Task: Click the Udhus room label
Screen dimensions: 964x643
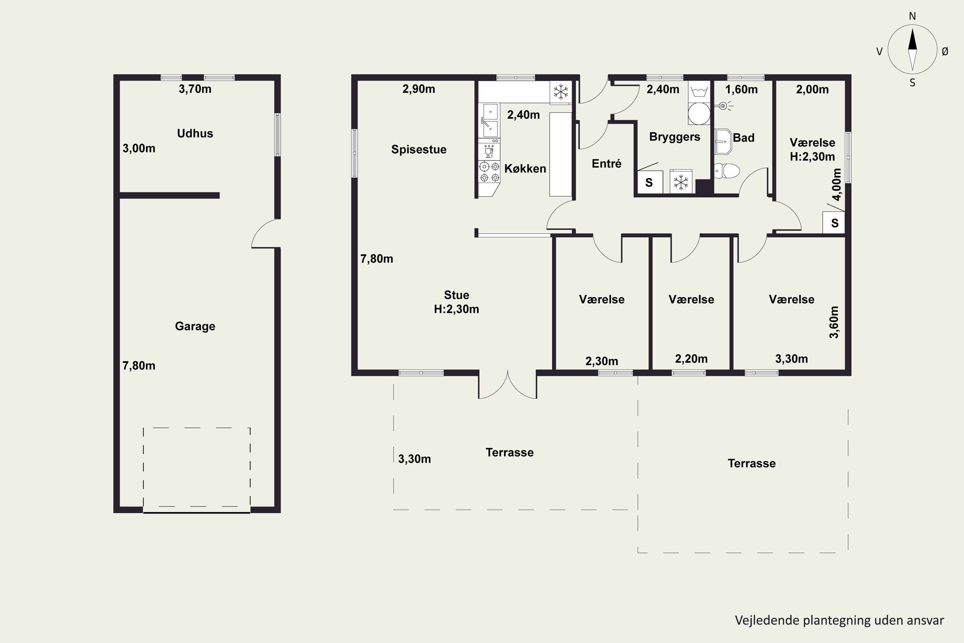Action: point(195,133)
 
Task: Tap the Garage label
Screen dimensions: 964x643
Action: point(195,326)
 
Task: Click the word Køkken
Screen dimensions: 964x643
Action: point(525,168)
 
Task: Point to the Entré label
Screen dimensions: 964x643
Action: point(607,164)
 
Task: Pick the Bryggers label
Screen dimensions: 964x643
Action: point(674,137)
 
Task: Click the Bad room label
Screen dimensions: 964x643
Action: point(744,138)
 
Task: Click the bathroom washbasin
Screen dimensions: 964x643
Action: point(723,142)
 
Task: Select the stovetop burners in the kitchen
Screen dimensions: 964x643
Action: point(489,172)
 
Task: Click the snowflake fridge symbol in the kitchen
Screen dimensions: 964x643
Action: point(561,92)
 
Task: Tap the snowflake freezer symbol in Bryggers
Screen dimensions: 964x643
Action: point(681,182)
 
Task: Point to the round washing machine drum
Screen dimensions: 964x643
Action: point(699,113)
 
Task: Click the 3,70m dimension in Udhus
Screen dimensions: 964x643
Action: point(195,89)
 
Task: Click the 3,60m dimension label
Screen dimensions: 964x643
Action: point(834,322)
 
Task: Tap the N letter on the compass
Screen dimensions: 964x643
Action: point(912,16)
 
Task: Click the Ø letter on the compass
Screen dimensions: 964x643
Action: point(945,51)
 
